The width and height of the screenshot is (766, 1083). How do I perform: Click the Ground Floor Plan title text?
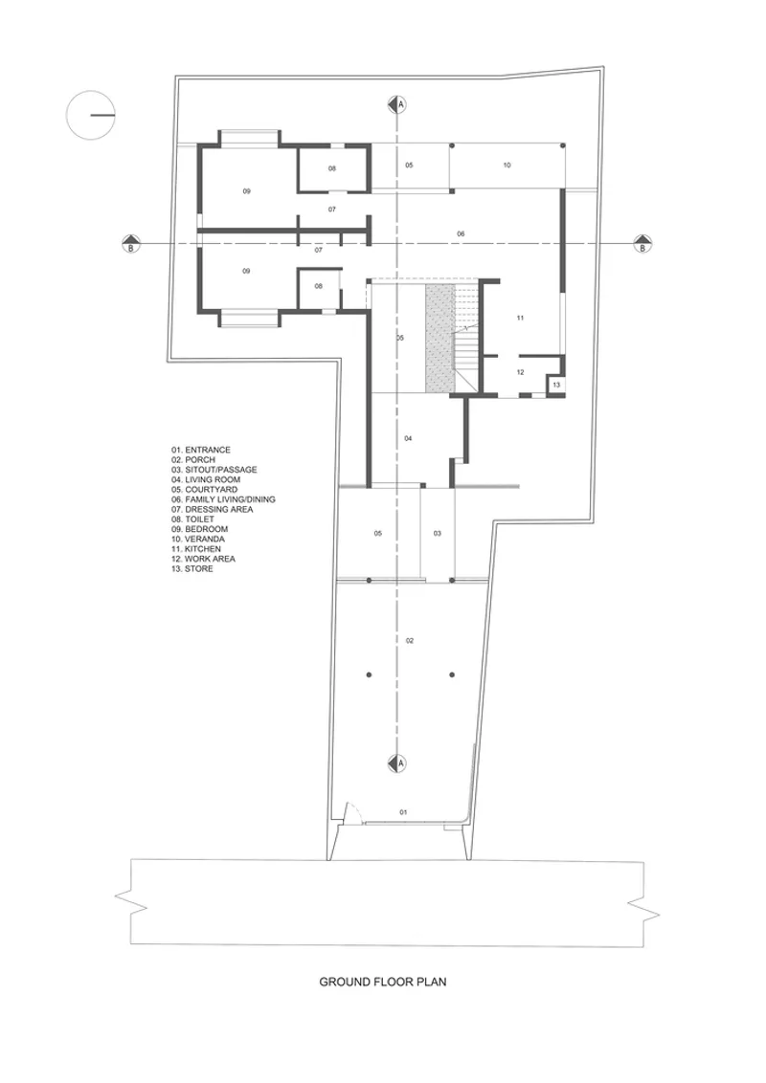click(x=382, y=982)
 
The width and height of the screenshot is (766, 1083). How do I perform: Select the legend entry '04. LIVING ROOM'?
click(x=206, y=479)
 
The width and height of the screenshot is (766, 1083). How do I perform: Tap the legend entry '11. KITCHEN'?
click(x=196, y=549)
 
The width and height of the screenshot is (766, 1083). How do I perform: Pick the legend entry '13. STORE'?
click(x=192, y=569)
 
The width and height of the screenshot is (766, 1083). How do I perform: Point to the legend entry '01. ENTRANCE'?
click(x=201, y=450)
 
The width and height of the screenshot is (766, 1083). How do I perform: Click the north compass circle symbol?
click(x=89, y=116)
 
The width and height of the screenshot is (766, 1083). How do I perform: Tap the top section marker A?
click(x=396, y=104)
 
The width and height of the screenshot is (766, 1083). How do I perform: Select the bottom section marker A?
click(x=396, y=763)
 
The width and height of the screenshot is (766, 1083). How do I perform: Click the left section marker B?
click(x=130, y=244)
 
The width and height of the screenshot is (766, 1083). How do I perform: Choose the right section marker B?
click(x=642, y=244)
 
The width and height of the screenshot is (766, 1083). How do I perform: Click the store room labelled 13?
click(x=556, y=385)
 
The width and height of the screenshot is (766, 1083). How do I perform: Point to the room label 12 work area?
click(x=521, y=372)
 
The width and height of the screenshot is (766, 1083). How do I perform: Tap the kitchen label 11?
click(x=521, y=319)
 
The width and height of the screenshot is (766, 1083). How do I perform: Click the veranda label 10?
click(x=507, y=166)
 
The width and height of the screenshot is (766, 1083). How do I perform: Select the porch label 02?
click(x=410, y=641)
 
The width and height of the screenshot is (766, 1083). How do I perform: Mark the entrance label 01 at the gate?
click(x=404, y=812)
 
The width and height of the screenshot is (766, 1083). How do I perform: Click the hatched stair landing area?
click(x=439, y=340)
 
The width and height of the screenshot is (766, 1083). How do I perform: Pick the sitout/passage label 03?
click(x=438, y=533)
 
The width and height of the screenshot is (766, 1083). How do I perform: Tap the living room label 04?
click(x=409, y=438)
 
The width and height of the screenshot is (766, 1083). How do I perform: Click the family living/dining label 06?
click(x=462, y=234)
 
